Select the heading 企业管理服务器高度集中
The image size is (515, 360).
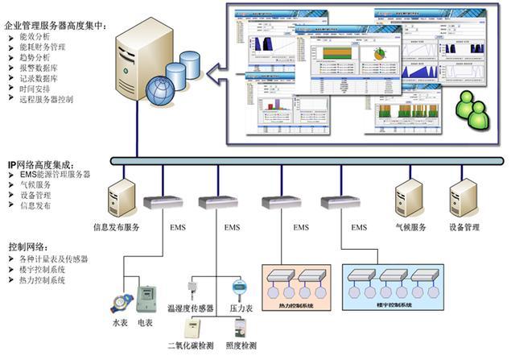click(x=55, y=26)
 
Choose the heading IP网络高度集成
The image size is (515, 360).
click(x=47, y=163)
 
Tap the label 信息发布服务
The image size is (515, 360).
click(x=117, y=228)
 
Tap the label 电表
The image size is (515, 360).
click(x=146, y=323)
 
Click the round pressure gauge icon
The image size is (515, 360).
click(x=239, y=286)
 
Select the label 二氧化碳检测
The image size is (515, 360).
click(x=191, y=347)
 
